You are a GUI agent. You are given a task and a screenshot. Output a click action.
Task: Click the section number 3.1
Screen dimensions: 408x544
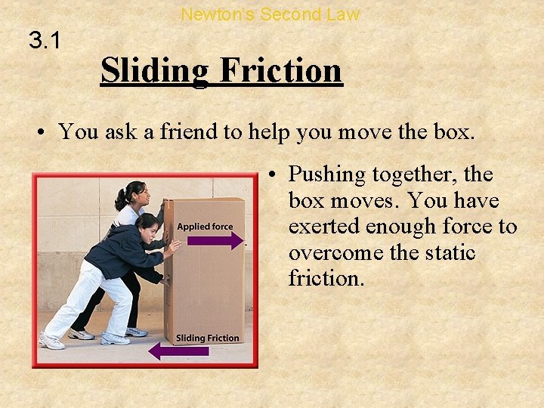(x=45, y=40)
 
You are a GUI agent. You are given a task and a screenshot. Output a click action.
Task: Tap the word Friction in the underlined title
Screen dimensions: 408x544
(x=280, y=71)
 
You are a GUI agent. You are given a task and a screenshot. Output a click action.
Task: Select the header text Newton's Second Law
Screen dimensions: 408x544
(x=270, y=14)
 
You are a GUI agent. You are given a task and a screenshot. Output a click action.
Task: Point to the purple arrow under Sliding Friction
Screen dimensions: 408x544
(x=179, y=351)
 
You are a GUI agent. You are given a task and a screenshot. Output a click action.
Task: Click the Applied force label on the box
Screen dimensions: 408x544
(x=205, y=226)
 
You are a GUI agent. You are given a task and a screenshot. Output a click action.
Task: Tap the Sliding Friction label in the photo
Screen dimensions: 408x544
(x=207, y=338)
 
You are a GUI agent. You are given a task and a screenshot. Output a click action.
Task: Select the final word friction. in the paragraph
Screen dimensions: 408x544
(x=326, y=279)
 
